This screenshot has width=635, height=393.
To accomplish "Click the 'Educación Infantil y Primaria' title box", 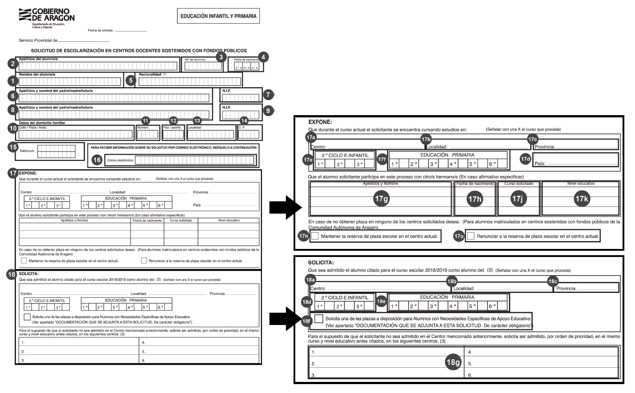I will (x=218, y=16).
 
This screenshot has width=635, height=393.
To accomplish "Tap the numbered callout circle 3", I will (x=220, y=57).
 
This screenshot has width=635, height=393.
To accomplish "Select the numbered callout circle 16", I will (x=97, y=160).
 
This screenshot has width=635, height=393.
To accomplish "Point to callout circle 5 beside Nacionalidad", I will (x=130, y=80).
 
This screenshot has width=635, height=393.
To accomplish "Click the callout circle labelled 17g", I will (x=381, y=199).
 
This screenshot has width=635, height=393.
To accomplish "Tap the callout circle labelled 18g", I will (x=452, y=362).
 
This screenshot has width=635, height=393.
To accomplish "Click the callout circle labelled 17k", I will (x=581, y=199).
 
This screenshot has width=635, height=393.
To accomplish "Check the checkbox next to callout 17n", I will (x=315, y=236).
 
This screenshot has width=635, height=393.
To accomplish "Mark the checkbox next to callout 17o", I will (x=471, y=236).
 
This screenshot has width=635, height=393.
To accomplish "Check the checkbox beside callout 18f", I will (x=318, y=319).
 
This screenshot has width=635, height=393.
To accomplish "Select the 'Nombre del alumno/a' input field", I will (x=70, y=81).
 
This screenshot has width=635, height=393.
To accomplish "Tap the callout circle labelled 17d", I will (x=525, y=159).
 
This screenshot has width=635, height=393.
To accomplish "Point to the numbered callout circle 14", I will (x=243, y=120).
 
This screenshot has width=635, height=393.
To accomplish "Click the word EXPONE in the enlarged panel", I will (x=320, y=122).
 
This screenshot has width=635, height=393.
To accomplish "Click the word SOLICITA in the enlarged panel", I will (x=321, y=263).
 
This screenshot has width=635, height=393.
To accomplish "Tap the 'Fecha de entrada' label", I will (x=101, y=31).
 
